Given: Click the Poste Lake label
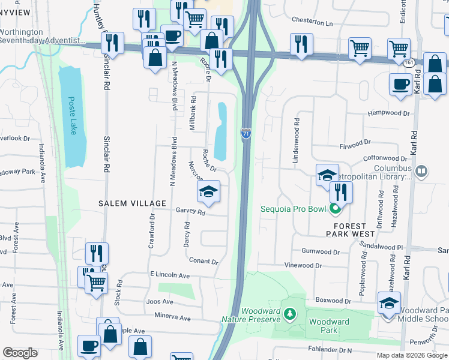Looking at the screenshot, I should (72, 116).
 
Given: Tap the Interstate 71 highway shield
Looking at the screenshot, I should (247, 134).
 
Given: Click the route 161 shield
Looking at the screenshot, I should (409, 62).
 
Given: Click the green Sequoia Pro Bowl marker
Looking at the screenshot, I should (335, 209).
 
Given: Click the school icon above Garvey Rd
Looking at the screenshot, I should (208, 191).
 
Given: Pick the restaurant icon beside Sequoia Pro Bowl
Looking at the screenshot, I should (340, 192).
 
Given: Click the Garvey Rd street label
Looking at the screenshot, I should (191, 212).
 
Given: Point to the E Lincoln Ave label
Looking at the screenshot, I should (170, 275).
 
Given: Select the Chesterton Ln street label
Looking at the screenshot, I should (312, 22).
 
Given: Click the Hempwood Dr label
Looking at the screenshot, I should (390, 113).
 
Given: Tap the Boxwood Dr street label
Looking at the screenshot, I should (333, 301).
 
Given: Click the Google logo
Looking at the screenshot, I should (20, 353).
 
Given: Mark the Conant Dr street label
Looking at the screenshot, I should (203, 262).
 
